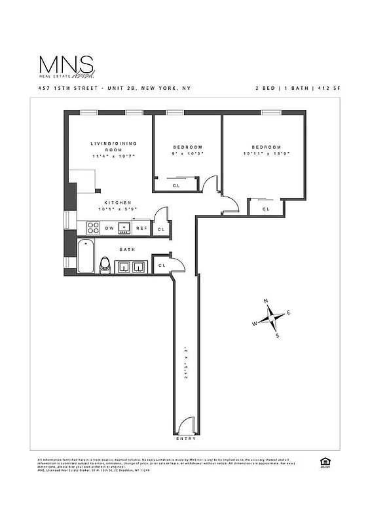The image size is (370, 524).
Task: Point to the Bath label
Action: [x=127, y=250]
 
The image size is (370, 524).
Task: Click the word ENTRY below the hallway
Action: [x=185, y=438]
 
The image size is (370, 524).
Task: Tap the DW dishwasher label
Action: [x=109, y=229]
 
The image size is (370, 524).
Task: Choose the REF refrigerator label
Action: [x=141, y=229]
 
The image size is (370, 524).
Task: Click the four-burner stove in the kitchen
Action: [x=91, y=228]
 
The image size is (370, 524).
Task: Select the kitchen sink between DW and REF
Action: [x=125, y=228]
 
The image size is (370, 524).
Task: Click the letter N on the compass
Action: [x=265, y=301]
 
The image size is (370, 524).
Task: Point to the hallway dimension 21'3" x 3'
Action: [x=186, y=362]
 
